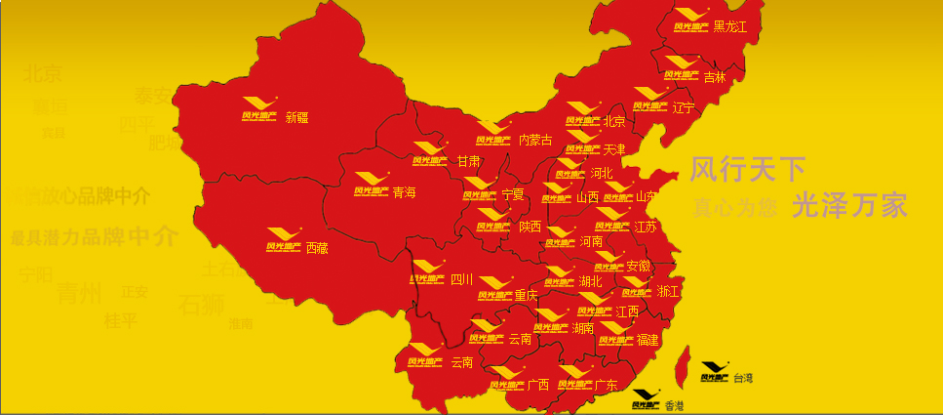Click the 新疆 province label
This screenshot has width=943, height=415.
coord(296,117)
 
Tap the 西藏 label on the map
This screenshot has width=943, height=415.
coord(317,248)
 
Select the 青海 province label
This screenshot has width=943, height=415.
coord(404,192)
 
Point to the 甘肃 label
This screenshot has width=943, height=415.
coord(469,161)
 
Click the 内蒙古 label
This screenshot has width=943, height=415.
coord(535,141)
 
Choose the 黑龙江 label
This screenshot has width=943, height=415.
coord(729,26)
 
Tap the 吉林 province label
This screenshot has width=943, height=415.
coord(715,77)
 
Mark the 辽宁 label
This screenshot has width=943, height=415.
coord(684,107)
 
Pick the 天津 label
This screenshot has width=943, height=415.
coord(614,149)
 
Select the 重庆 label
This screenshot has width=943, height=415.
coord(526,295)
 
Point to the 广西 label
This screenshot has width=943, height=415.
coord(537,385)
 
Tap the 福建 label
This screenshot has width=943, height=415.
coord(648,341)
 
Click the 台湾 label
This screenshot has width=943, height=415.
coord(743,377)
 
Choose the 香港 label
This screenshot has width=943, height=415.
coord(674,405)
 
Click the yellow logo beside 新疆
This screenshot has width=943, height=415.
coord(259,109)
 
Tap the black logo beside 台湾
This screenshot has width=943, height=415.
coord(715,371)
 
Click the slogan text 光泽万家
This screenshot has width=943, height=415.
coord(849,205)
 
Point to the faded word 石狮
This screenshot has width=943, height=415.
coord(201,303)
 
